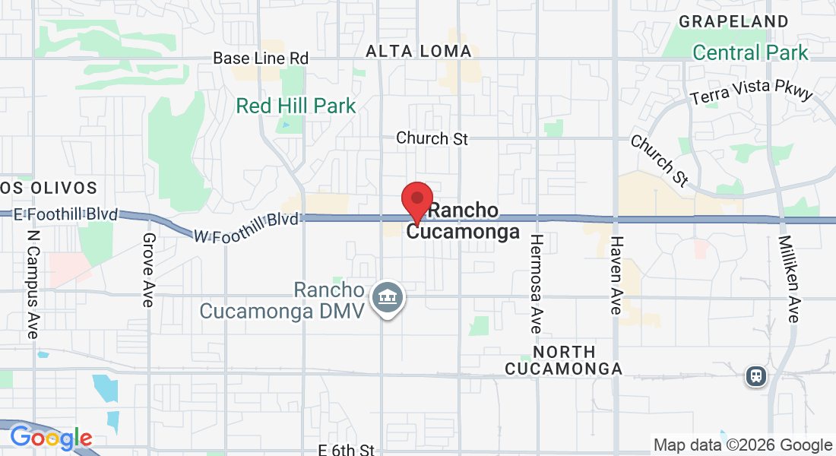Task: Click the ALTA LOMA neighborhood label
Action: tap(419, 51)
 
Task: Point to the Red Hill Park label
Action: tap(296, 106)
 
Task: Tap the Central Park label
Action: tap(750, 52)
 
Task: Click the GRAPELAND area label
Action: tap(733, 21)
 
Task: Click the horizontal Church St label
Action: tap(432, 138)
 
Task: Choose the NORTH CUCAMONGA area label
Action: tap(563, 360)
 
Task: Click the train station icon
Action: tap(755, 375)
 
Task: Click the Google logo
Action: tap(50, 439)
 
